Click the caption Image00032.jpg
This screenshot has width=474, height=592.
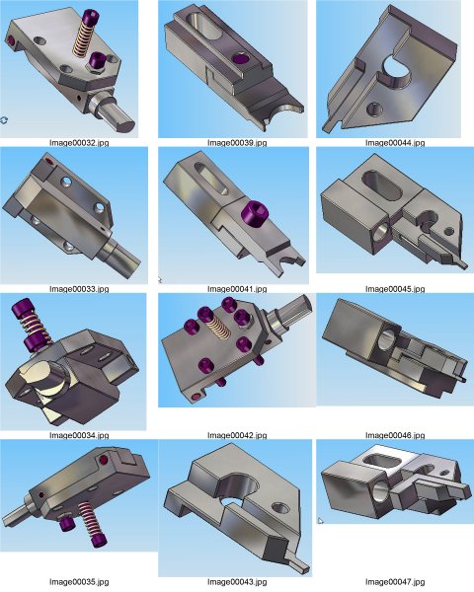click(79, 143)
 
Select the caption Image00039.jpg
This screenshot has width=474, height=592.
click(237, 143)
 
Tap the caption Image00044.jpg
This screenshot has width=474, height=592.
click(395, 143)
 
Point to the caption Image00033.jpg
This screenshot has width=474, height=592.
click(79, 289)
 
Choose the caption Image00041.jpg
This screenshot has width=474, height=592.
click(237, 289)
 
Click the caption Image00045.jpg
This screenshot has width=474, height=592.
click(395, 289)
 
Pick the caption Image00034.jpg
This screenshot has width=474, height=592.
click(79, 435)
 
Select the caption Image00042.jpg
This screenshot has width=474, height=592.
click(237, 435)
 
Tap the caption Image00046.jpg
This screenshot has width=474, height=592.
click(395, 435)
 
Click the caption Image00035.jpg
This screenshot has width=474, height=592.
click(79, 582)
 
